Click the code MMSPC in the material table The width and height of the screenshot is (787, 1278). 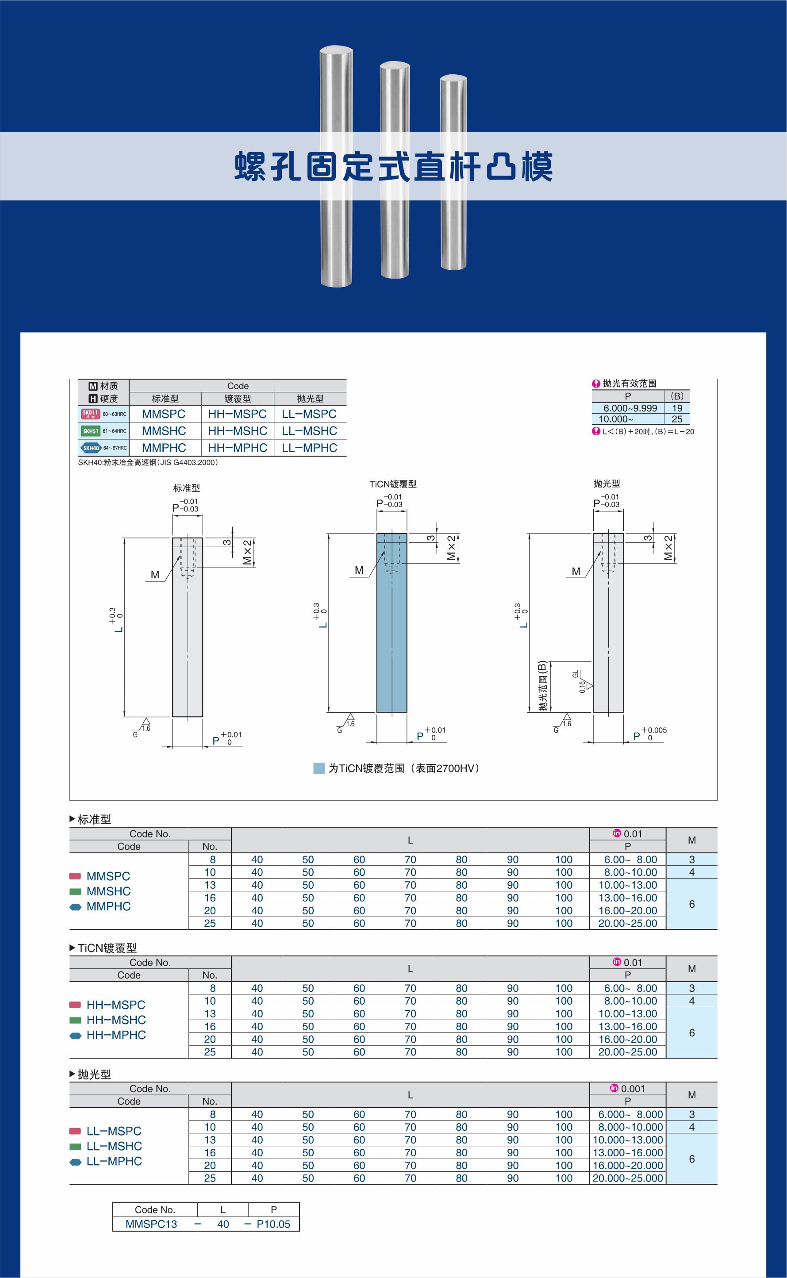tap(163, 414)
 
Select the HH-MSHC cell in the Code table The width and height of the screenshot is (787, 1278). tap(238, 431)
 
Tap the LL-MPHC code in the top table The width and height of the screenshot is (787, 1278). tap(309, 448)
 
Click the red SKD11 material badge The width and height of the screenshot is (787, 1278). tap(90, 414)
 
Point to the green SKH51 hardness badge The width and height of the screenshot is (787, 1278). tap(90, 431)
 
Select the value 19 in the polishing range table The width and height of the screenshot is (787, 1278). tap(677, 408)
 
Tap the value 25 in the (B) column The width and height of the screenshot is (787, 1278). tap(677, 419)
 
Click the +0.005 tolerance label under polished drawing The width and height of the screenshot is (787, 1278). tap(654, 730)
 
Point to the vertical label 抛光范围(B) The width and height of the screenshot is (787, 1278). tap(543, 686)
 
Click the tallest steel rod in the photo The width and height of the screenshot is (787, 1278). tap(336, 166)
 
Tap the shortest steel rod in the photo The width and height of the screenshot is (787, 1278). tap(453, 172)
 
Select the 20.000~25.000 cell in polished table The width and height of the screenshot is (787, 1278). tap(628, 1178)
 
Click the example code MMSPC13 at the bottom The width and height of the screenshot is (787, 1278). tap(151, 1224)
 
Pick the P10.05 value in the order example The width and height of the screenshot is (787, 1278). tap(273, 1224)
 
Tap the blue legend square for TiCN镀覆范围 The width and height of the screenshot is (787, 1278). tap(319, 768)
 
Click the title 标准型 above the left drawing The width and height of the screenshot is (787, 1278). tap(186, 488)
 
